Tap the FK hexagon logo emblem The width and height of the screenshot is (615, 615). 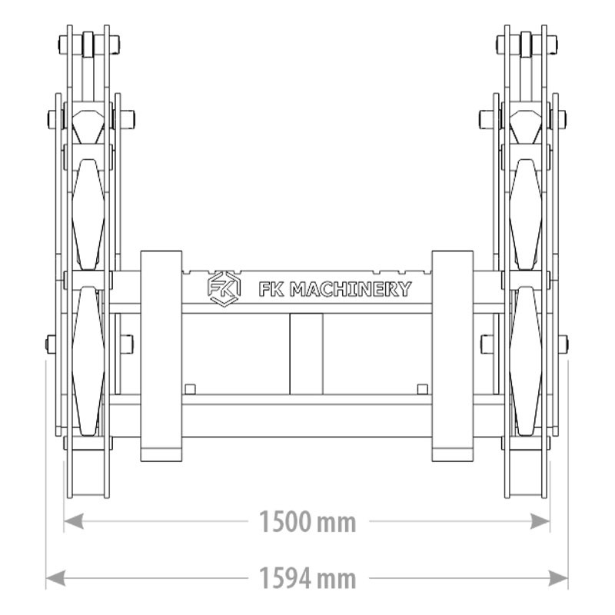222,288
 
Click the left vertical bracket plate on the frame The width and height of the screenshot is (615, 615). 161,356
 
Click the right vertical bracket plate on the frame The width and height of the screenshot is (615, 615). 452,356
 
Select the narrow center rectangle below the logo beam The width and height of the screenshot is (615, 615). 306,354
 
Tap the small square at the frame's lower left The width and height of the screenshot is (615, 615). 191,388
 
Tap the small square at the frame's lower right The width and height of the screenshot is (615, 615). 422,388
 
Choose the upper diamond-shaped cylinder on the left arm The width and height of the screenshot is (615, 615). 88,214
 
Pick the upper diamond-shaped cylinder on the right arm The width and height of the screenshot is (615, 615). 526,214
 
